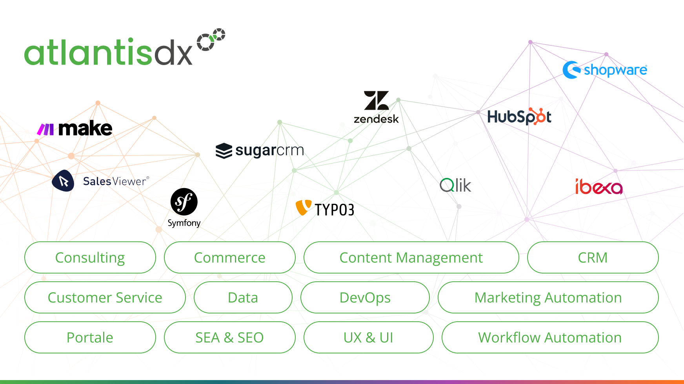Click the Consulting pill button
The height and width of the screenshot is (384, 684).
[x=90, y=257]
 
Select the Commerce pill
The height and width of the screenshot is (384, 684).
[x=229, y=257]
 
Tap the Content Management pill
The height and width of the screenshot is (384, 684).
[x=411, y=257]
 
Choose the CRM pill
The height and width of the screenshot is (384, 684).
[x=593, y=257]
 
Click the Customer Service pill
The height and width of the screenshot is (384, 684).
[x=105, y=297]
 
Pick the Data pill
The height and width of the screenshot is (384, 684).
[x=243, y=297]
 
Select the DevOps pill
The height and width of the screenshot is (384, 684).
[x=365, y=297]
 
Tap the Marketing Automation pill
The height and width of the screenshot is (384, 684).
[x=548, y=297]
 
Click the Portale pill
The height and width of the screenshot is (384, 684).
[x=90, y=337]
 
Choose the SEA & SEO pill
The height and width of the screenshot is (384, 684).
[x=229, y=337]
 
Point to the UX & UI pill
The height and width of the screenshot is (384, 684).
[x=368, y=337]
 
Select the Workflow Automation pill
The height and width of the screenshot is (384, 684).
[x=550, y=337]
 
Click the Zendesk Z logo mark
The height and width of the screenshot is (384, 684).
[x=376, y=101]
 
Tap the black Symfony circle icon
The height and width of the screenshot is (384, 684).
[x=184, y=202]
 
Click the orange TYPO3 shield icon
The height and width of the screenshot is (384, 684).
[x=303, y=207]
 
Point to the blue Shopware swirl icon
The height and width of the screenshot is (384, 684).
[x=571, y=70]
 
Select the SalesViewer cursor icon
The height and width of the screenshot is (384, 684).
[x=63, y=181]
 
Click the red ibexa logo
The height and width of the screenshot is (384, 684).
[x=599, y=187]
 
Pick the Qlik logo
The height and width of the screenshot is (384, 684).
[x=455, y=185]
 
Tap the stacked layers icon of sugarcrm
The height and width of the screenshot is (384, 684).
[x=224, y=151]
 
